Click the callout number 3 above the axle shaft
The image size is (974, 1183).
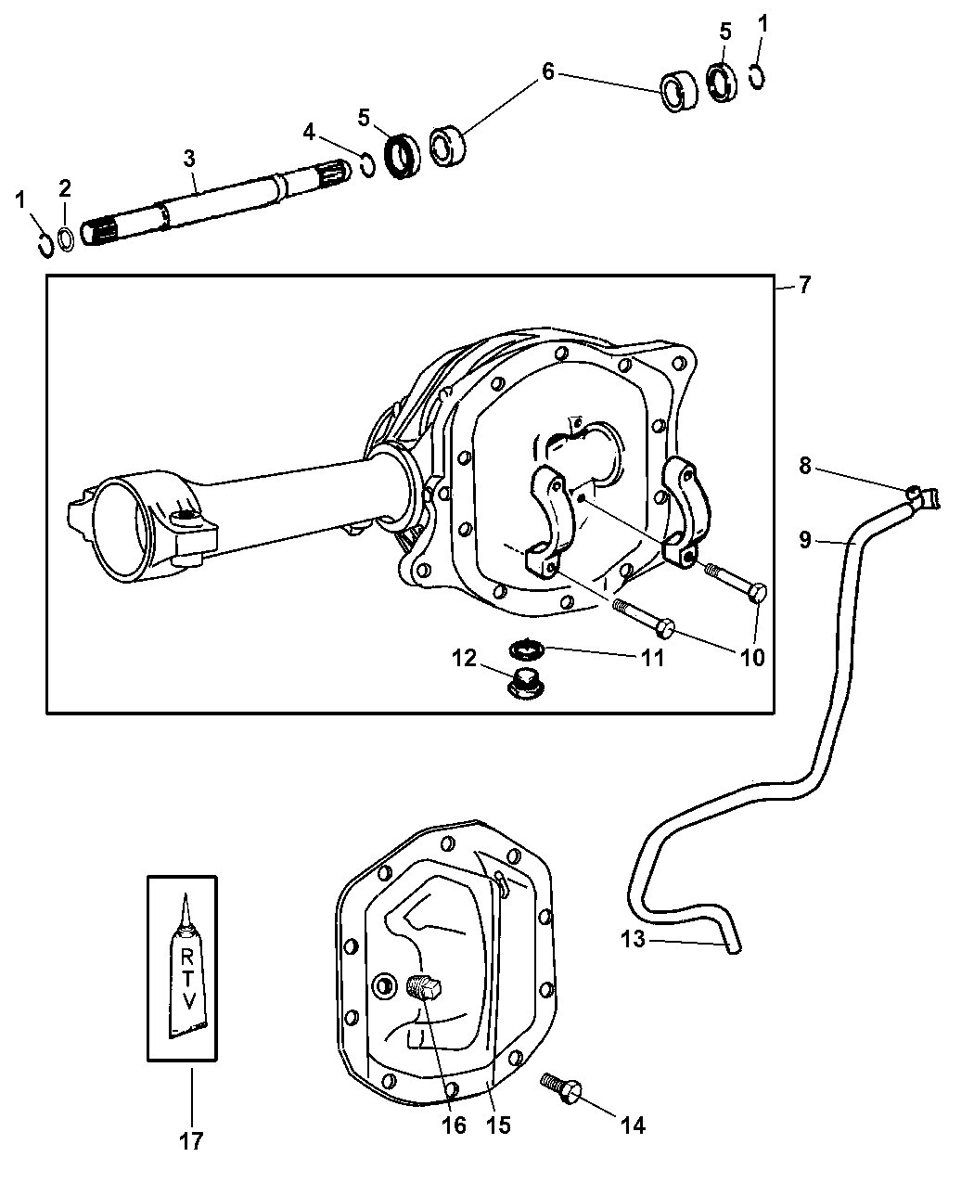click(189, 158)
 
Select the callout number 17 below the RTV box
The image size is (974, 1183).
click(191, 1140)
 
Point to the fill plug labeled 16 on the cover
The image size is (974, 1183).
click(425, 988)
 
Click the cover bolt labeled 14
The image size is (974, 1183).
click(563, 1087)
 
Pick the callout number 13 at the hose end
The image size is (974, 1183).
click(633, 939)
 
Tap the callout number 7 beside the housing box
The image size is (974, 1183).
click(804, 285)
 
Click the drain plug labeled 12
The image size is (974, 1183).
click(526, 686)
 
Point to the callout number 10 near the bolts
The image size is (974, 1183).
click(752, 658)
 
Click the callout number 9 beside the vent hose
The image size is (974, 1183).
click(805, 539)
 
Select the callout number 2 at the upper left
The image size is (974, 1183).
click(65, 188)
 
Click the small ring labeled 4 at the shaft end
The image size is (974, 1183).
click(367, 167)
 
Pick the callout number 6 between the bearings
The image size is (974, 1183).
click(548, 72)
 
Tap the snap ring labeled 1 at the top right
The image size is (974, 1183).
click(756, 76)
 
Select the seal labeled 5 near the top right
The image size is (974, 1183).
click(722, 81)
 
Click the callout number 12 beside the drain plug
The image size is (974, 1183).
click(464, 658)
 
